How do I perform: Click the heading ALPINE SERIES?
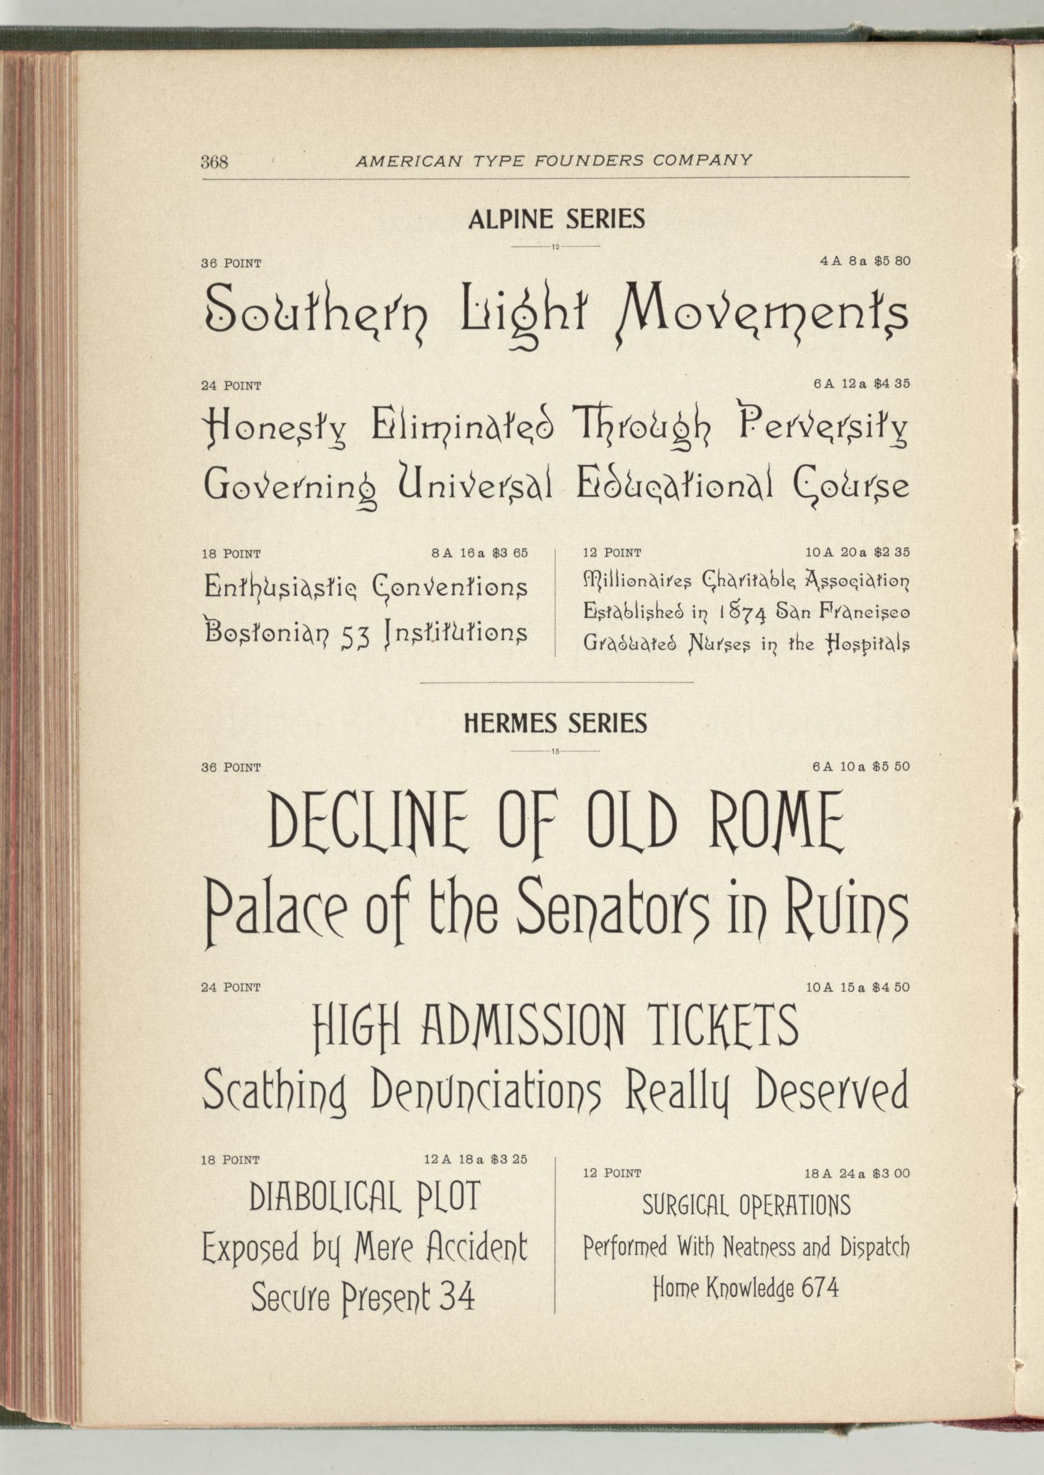pyautogui.click(x=556, y=220)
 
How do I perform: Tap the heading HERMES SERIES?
pyautogui.click(x=555, y=724)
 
